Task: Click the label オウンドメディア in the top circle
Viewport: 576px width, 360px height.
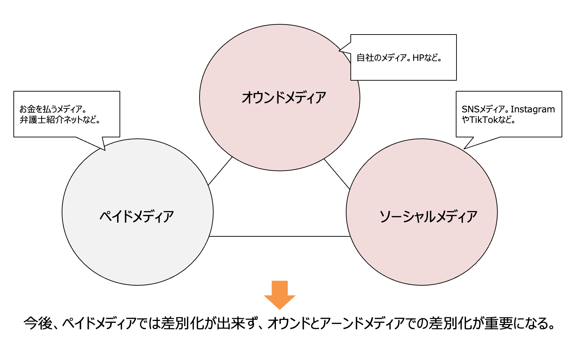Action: click(283, 98)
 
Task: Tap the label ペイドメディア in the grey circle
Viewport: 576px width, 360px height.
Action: click(137, 216)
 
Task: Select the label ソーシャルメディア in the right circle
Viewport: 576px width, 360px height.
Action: click(428, 216)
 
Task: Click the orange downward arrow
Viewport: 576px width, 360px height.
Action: click(280, 295)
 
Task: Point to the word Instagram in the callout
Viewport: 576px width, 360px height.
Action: click(533, 109)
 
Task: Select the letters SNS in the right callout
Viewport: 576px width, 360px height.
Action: click(471, 109)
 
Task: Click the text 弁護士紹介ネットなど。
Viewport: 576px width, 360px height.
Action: click(60, 120)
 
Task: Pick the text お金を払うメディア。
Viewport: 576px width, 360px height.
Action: click(53, 109)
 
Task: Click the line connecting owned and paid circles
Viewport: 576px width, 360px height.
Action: click(220, 171)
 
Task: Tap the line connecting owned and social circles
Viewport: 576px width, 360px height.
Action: click(337, 174)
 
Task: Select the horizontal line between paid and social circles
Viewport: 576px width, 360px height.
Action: click(280, 236)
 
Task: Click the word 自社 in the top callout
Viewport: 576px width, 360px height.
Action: click(365, 58)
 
